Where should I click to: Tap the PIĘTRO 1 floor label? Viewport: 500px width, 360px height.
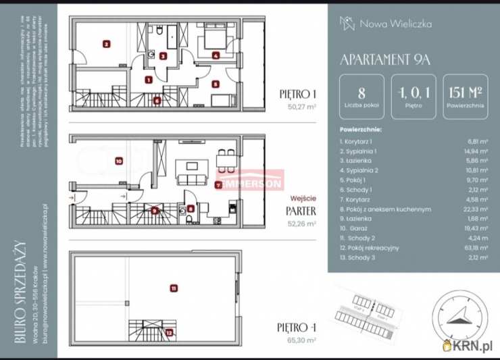298,94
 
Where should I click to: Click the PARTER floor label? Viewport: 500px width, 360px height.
298,210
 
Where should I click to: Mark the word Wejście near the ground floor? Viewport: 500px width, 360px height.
303,198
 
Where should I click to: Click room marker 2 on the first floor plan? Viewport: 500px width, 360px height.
106,45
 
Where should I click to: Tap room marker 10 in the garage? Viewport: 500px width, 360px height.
118,161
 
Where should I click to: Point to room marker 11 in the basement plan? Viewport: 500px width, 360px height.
174,288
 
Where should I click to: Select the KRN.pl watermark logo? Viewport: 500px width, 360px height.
470,346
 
